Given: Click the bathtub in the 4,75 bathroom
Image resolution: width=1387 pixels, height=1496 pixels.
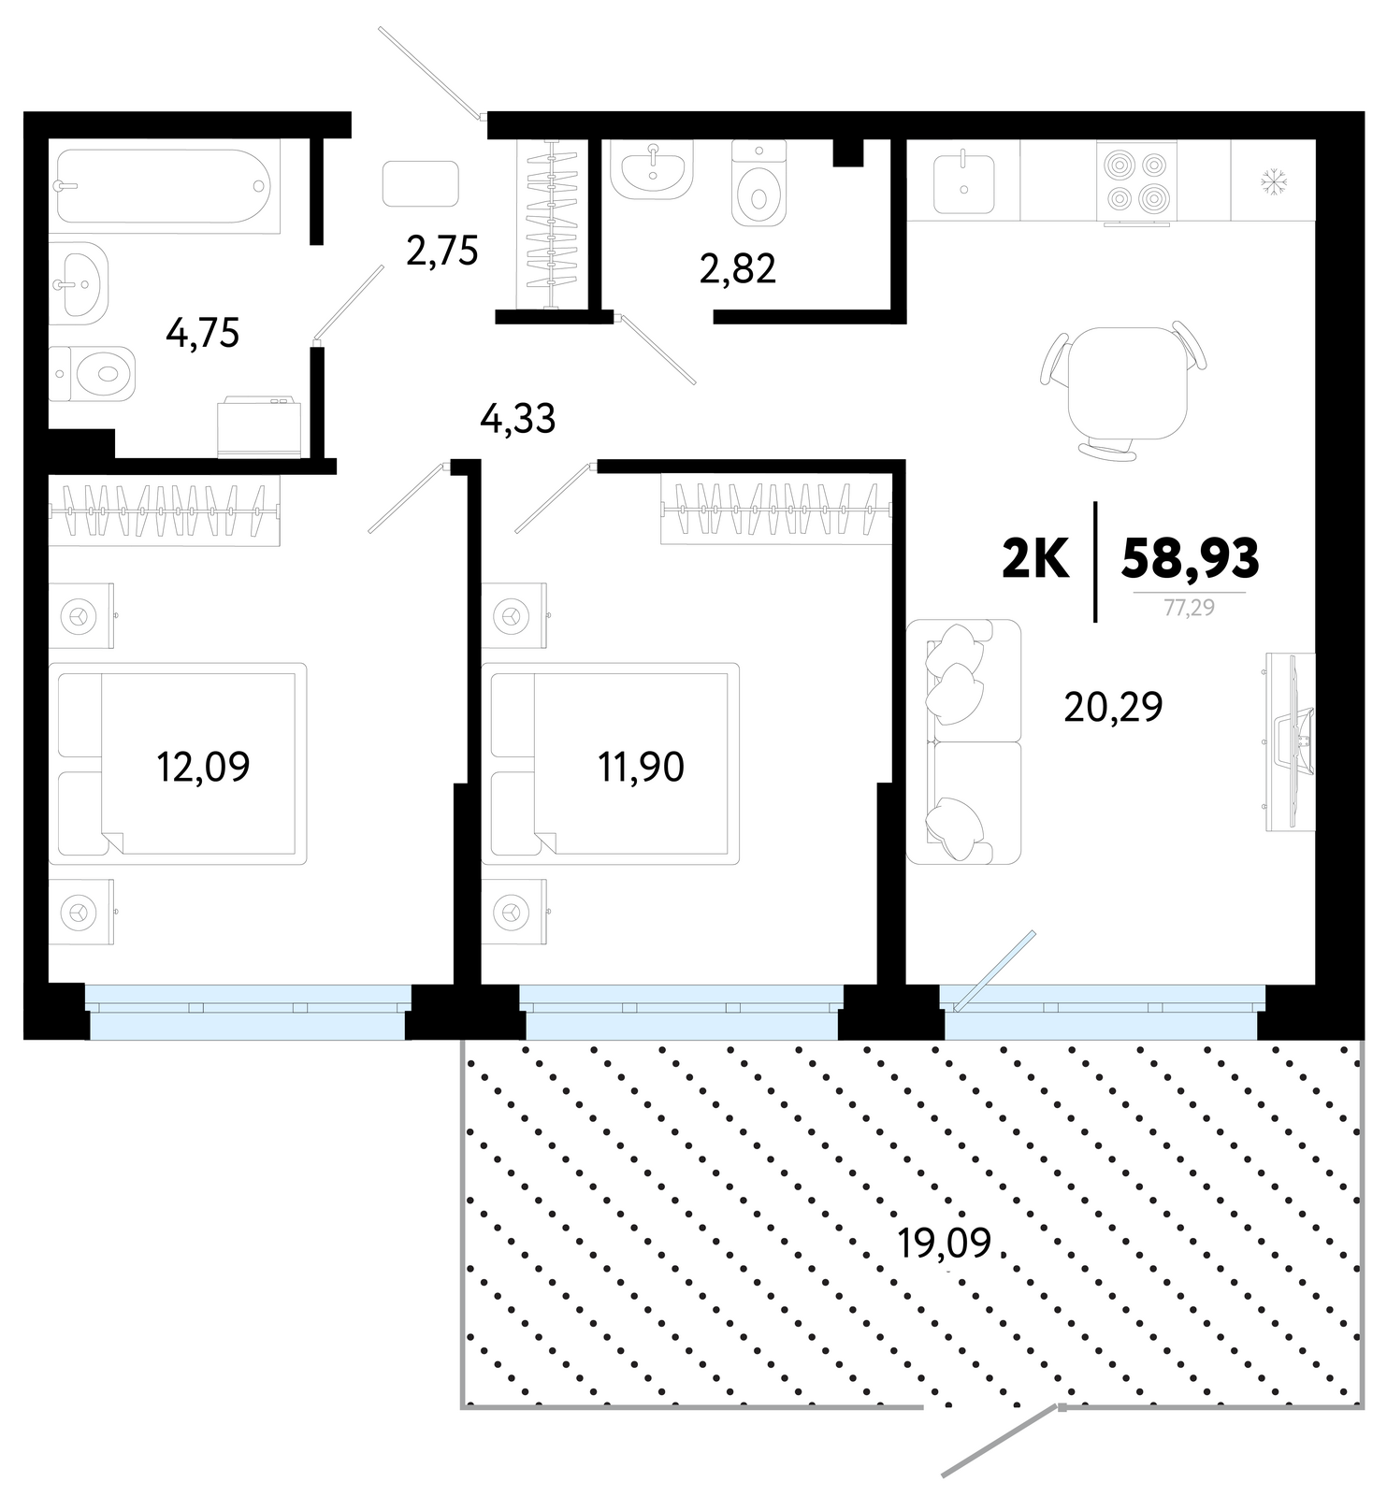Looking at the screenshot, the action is (x=164, y=186).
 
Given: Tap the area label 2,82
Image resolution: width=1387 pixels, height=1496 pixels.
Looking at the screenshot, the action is (x=737, y=269).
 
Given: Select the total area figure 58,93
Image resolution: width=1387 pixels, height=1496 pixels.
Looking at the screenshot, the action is (x=1190, y=558).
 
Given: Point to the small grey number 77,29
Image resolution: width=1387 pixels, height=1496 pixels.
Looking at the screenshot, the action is (x=1189, y=608).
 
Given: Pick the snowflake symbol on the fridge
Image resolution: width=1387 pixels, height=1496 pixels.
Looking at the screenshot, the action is (x=1274, y=179).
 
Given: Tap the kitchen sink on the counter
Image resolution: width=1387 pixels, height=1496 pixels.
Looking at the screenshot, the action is (x=963, y=182).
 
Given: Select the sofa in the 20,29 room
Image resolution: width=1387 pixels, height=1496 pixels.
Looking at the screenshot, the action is (x=963, y=741).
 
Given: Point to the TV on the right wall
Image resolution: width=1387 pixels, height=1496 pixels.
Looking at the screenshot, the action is (x=1291, y=741).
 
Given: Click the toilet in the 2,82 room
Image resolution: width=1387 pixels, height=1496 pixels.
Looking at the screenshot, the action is (x=759, y=183).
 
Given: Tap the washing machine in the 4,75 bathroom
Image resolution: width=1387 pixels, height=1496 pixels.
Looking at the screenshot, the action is (x=259, y=428).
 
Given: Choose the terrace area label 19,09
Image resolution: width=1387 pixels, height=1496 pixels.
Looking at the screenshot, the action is (x=944, y=1243).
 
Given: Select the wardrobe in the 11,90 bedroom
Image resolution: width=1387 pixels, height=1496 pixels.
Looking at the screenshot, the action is (x=775, y=510).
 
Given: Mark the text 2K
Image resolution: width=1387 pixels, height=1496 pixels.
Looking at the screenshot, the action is (x=1035, y=560).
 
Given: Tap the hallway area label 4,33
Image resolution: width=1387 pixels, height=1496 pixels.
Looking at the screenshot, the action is (x=517, y=419).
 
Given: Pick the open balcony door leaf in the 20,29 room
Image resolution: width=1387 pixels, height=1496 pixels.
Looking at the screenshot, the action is (x=994, y=971).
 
